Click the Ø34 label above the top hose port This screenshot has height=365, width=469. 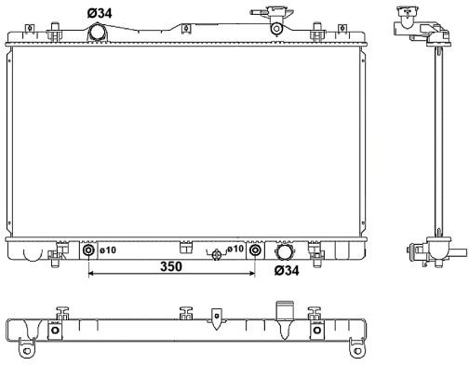(100, 13)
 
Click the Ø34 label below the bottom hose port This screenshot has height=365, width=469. (287, 270)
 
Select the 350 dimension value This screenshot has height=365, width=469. (171, 266)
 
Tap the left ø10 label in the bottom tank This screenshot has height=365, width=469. (108, 250)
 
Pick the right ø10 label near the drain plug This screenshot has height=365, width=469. (235, 249)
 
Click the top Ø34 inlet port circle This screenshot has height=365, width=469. (98, 33)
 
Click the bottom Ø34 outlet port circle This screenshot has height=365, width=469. (284, 251)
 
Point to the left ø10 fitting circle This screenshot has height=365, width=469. (88, 250)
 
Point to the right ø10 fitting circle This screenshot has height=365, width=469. (255, 250)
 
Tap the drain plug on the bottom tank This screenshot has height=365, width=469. (216, 255)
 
